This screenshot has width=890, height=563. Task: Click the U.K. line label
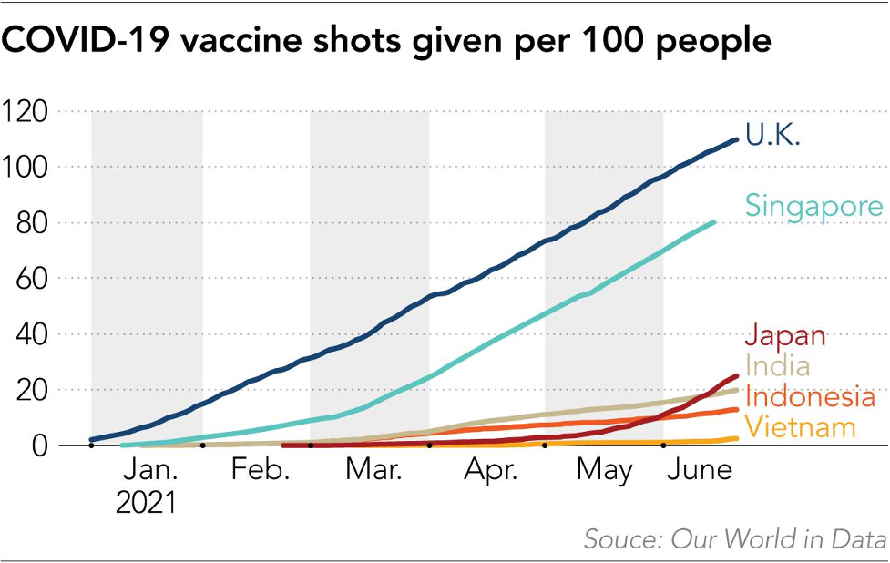click(x=772, y=135)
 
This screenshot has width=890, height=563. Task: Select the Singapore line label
click(x=813, y=205)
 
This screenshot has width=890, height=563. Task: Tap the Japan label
click(x=785, y=334)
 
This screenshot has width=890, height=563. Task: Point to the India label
click(x=777, y=365)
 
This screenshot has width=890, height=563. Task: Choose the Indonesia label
click(x=809, y=396)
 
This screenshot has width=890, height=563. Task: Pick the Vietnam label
click(x=800, y=426)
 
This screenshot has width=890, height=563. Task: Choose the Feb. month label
click(x=260, y=471)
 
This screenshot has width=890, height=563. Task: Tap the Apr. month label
click(x=490, y=471)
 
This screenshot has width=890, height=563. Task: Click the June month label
click(x=701, y=471)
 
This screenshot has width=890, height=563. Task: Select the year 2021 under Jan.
click(x=146, y=503)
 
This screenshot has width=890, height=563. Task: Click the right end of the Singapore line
click(x=713, y=221)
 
